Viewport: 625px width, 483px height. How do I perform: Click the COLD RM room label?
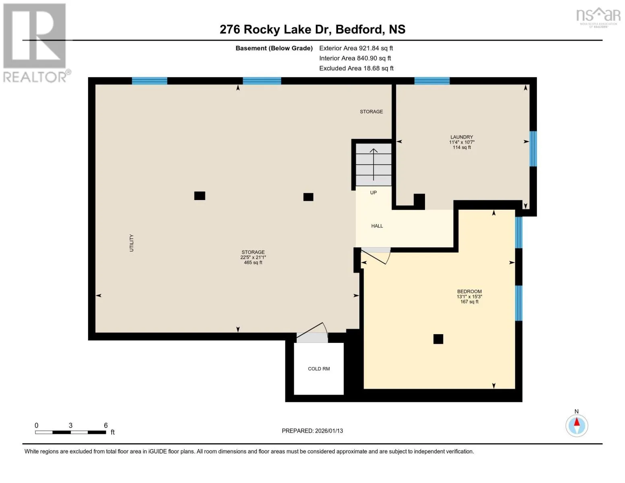click(319, 369)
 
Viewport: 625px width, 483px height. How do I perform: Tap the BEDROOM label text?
click(469, 291)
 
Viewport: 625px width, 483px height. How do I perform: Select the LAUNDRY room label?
click(462, 137)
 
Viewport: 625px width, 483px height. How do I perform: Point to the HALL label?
click(377, 226)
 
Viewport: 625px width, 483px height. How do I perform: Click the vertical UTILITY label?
click(132, 243)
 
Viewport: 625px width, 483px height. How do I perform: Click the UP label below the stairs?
click(373, 193)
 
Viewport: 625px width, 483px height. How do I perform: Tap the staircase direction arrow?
click(373, 165)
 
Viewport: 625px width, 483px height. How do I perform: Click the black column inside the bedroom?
click(438, 339)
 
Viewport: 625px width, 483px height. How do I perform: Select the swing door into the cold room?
click(312, 333)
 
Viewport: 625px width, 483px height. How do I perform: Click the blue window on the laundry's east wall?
click(533, 149)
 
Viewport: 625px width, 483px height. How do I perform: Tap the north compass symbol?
click(577, 426)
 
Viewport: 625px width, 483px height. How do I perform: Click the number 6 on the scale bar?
click(106, 425)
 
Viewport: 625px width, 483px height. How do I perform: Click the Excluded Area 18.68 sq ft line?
click(356, 68)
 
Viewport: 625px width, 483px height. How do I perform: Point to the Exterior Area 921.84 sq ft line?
click(356, 48)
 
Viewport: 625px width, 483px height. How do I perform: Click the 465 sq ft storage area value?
click(253, 263)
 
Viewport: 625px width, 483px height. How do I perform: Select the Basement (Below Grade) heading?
click(274, 48)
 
